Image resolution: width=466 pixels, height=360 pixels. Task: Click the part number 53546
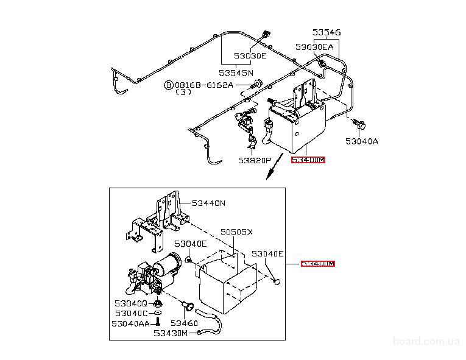coord(327,32)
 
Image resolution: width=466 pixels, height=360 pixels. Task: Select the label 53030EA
coord(314,46)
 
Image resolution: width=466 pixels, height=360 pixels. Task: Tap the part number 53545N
coord(236,72)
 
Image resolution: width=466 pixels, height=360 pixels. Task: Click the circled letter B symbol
coord(168,85)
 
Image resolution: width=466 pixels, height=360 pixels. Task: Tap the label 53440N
coord(208,203)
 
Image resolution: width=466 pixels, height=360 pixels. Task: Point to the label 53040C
coord(131,313)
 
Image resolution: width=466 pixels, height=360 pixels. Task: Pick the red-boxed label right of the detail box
coord(318,264)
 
